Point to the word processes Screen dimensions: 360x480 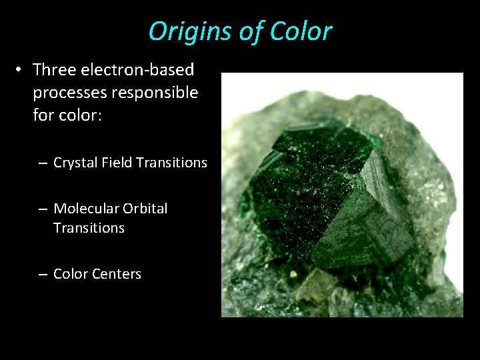click(x=69, y=92)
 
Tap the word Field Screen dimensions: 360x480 click(x=118, y=162)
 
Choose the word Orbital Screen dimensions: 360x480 click(x=145, y=209)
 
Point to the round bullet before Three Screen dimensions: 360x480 click(x=21, y=70)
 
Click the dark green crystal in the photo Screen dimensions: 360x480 click(x=313, y=193)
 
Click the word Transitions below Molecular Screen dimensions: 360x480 click(x=89, y=228)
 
